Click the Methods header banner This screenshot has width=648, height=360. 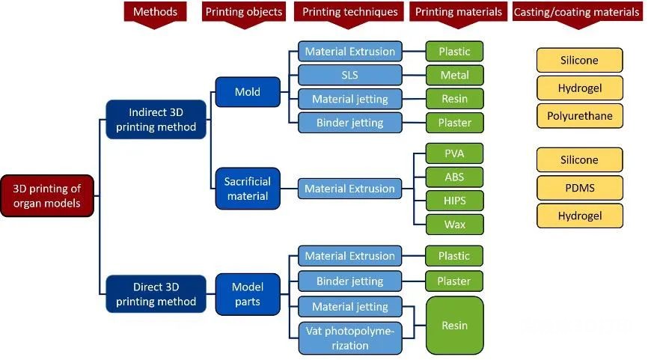pos(155,12)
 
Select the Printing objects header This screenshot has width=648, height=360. pos(243,12)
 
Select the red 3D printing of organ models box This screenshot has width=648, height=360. pos(47,196)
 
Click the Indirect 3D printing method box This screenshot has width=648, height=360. pos(156,118)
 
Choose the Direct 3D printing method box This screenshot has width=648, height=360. pos(156,293)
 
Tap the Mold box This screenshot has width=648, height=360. pos(248,92)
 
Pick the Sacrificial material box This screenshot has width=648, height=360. pos(248,189)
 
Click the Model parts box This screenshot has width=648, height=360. pos(248,293)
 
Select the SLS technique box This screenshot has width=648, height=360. pos(349,75)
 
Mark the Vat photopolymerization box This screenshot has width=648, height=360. pos(349,338)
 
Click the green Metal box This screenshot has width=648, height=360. pos(455,75)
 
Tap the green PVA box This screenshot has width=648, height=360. pos(455,153)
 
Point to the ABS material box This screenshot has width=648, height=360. pos(455,177)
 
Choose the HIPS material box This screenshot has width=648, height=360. pos(455,201)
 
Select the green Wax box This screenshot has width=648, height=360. pos(455,224)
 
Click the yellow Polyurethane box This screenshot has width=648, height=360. pos(579,116)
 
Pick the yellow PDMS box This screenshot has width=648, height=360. pos(579,188)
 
